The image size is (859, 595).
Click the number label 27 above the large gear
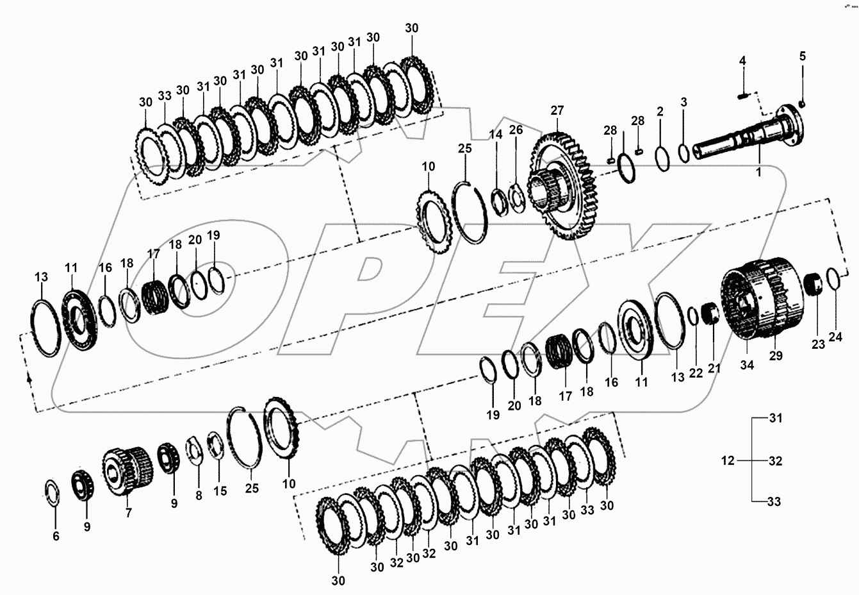pos(557,110)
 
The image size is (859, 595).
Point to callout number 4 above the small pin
pos(742,61)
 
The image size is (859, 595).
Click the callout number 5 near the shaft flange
pos(802,56)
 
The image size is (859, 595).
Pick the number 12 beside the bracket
pos(727,460)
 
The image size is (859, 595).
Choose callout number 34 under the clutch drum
pos(748,365)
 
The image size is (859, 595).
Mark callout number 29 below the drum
pos(776,356)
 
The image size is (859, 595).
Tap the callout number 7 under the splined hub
pos(128,513)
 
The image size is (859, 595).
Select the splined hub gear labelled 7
pos(127,471)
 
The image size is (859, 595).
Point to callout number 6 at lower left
pos(56,535)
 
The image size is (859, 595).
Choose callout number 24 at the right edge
pos(835,337)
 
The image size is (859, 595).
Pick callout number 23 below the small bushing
pos(818,344)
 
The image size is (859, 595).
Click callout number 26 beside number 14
pos(516,130)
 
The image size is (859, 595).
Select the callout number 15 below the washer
pos(220,491)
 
